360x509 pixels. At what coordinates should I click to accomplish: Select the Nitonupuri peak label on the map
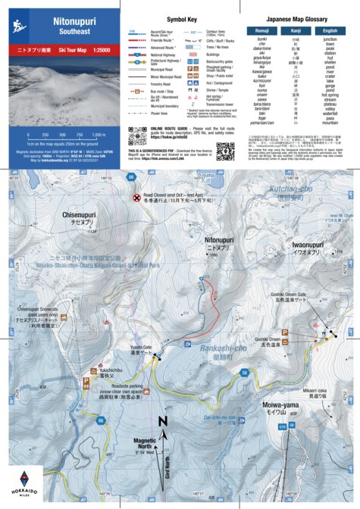coord(221,240)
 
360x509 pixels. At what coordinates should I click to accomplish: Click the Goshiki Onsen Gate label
coord(308,316)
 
